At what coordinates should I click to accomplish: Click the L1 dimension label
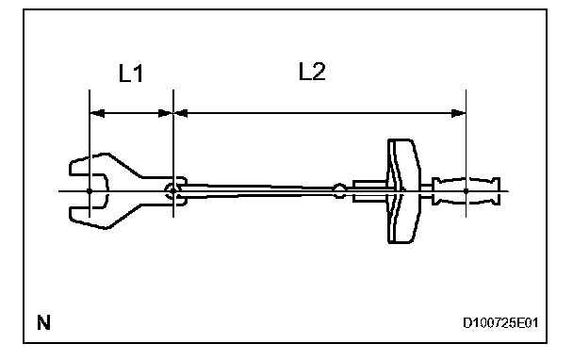click(131, 74)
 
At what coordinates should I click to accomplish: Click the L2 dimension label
click(312, 72)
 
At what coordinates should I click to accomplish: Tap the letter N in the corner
click(44, 322)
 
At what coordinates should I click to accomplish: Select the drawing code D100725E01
click(500, 323)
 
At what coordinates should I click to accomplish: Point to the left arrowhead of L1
click(97, 113)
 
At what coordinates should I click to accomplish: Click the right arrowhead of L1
click(165, 113)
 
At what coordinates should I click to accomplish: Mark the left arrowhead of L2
click(181, 113)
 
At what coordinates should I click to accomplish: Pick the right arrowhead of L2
click(458, 113)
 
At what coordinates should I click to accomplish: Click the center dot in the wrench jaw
click(90, 191)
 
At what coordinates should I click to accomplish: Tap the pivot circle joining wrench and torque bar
click(172, 190)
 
